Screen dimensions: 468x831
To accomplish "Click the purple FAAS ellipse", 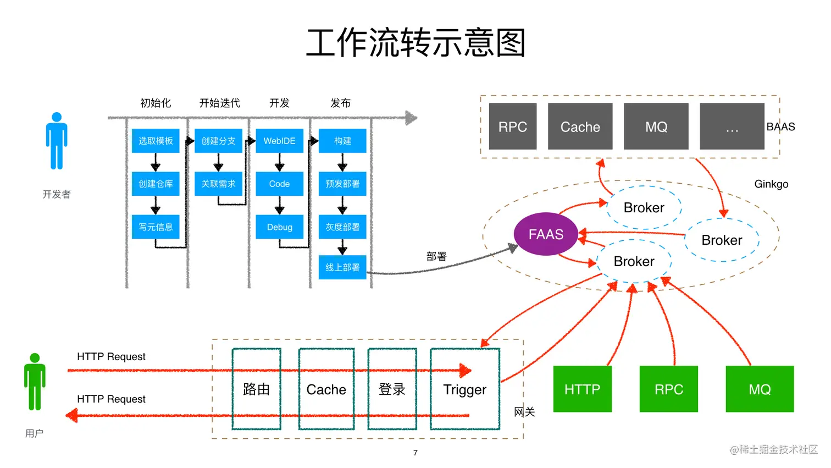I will (546, 234).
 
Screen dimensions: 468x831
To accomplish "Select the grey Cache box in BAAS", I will (580, 126).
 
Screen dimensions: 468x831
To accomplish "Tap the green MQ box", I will (760, 389).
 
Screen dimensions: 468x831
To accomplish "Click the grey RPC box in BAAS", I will (512, 126).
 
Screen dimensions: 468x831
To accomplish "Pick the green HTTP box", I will (582, 389).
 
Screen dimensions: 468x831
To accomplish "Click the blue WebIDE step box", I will (279, 141).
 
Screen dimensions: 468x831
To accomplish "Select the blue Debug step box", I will (279, 227).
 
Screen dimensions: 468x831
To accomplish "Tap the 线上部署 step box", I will (342, 267).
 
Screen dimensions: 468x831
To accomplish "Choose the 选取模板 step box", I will (156, 141).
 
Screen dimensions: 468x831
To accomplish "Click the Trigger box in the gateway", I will (465, 389).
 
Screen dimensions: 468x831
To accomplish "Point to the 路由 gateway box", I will (256, 389).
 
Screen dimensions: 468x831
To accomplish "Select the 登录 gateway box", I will (392, 389).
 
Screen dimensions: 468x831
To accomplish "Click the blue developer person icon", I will (57, 141).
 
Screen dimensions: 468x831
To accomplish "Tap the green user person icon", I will (35, 382).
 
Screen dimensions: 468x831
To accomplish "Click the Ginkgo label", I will (771, 184).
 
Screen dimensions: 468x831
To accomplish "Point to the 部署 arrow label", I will (436, 256).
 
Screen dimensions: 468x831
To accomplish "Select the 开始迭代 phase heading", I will (219, 103).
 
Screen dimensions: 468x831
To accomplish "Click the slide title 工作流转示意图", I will (416, 43).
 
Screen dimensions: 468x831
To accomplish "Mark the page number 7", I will (416, 453).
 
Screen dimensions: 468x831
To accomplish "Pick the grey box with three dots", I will (732, 126).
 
